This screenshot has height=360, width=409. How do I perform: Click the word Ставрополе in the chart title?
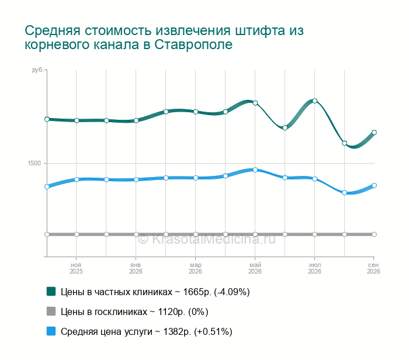193,44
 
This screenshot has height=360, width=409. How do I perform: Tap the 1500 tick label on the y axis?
34,163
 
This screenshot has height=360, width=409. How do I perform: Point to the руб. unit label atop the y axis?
37,70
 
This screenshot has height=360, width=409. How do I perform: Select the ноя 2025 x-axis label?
76,268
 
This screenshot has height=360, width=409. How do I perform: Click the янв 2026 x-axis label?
136,268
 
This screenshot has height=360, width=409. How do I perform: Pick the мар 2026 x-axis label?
195,268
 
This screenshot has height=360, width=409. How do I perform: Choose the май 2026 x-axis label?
255,268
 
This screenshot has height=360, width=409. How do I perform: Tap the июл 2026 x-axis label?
314,268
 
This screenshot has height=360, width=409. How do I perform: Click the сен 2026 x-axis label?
373,268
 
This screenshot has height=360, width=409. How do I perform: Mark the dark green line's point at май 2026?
255,103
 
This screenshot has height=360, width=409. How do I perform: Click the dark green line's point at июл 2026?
315,101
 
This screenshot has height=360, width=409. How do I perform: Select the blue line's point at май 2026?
255,170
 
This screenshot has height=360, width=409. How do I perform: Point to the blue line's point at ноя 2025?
77,179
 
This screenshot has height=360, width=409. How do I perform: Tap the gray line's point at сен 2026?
375,234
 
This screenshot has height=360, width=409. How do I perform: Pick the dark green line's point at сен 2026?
375,133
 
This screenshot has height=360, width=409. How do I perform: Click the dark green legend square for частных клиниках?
51,292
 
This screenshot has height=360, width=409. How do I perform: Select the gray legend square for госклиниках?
51,311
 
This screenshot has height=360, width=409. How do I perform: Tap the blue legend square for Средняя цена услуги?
51,331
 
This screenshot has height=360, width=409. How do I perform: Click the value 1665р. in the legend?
197,292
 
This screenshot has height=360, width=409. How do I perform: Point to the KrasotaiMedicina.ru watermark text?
206,239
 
